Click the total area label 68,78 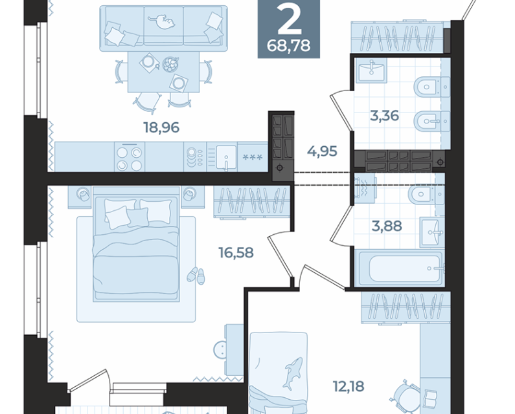288,45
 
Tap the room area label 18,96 161,127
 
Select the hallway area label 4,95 322,151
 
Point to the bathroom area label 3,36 384,116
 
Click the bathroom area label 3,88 387,226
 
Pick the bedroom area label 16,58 236,252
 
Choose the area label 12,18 349,386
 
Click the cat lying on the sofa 162,21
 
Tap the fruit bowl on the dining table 170,64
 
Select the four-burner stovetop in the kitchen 130,157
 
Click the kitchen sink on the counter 225,157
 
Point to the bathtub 400,268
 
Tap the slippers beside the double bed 196,275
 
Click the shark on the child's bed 293,373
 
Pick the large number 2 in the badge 289,20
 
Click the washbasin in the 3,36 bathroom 371,71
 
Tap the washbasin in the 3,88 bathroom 433,233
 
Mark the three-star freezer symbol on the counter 253,157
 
